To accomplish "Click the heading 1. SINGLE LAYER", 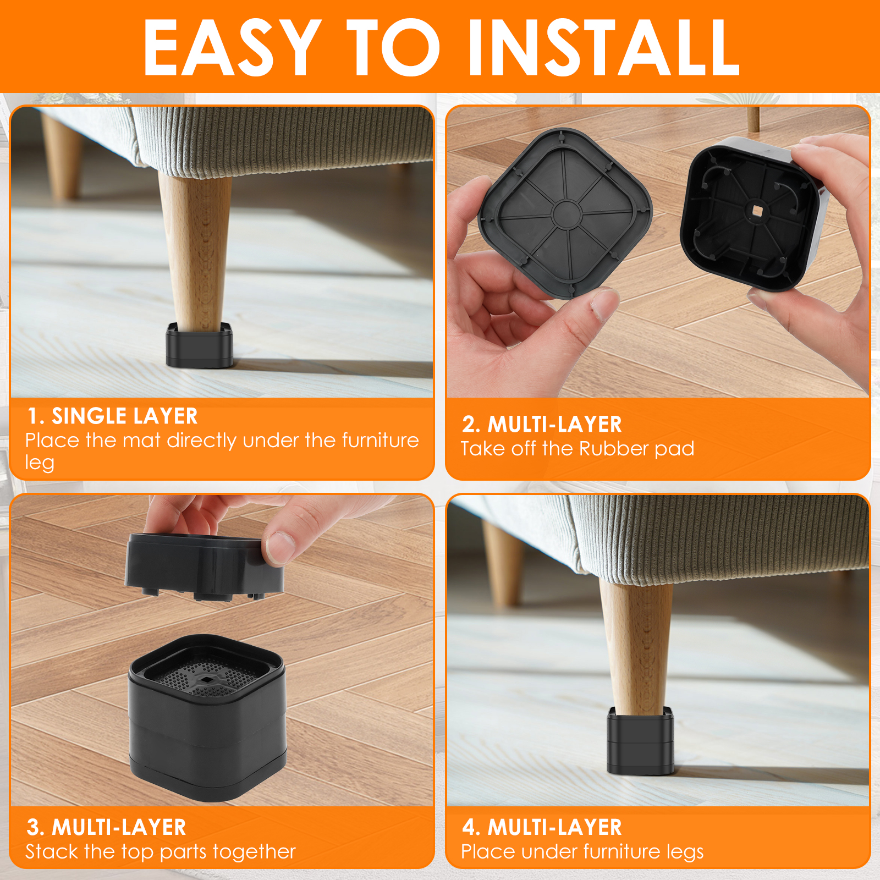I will tap(113, 416).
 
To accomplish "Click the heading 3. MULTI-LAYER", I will tap(107, 827).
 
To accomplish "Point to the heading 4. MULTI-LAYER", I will tap(542, 827).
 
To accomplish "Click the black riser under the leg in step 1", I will tap(200, 346).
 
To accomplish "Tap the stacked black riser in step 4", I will tap(641, 743).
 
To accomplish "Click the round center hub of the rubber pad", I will tap(566, 213).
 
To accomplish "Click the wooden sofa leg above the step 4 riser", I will tap(638, 643).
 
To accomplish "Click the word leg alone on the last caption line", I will tap(40, 463).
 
